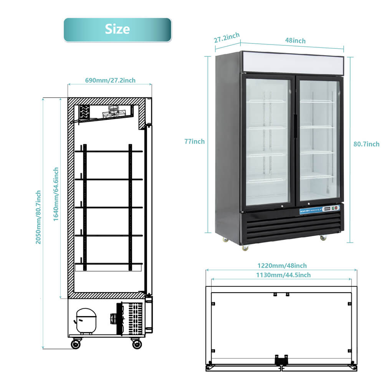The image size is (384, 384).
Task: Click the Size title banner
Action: click(117, 30)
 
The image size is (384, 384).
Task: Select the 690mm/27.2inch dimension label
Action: click(110, 80)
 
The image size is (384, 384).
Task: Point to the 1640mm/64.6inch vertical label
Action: click(56, 194)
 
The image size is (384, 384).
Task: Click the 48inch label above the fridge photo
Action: click(296, 41)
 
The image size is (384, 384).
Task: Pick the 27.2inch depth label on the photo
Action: click(227, 37)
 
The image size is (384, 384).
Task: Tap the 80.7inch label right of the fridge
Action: click(366, 144)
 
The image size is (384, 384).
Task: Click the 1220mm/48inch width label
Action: click(282, 265)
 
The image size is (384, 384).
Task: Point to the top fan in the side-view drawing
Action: click(113, 111)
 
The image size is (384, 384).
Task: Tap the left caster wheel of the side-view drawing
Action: click(76, 344)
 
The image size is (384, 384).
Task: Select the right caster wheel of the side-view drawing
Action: click(137, 344)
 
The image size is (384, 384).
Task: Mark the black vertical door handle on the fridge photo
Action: click(295, 126)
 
